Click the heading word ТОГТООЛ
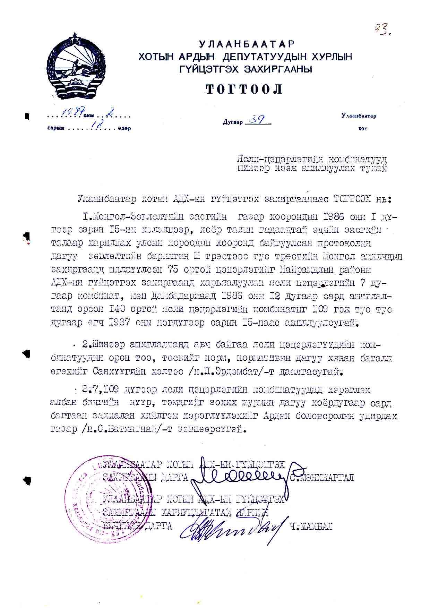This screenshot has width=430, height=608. (x=244, y=89)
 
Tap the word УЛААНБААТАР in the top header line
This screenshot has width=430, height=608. (x=247, y=44)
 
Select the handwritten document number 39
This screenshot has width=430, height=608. (x=258, y=120)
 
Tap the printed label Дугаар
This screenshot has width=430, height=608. (x=233, y=122)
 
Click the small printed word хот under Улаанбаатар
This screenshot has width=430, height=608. (x=363, y=129)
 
